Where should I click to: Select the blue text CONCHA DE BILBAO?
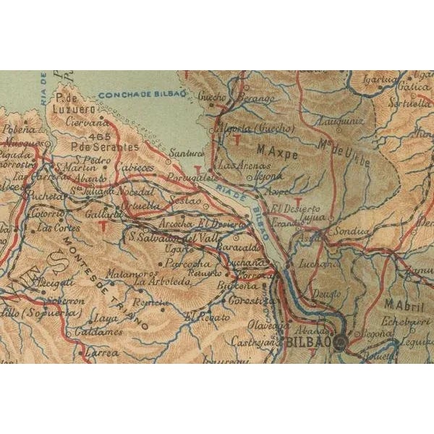pyautogui.click(x=142, y=94)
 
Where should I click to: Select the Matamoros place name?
pyautogui.click(x=131, y=273)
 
